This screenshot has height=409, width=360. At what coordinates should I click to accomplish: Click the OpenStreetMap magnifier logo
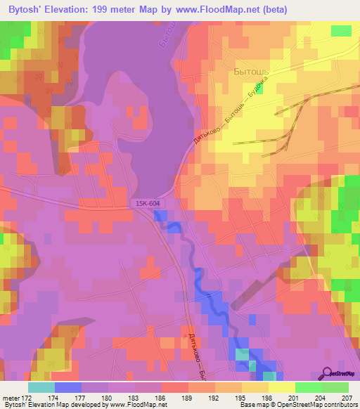327,372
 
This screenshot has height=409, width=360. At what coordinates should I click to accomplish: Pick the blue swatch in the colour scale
67,387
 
